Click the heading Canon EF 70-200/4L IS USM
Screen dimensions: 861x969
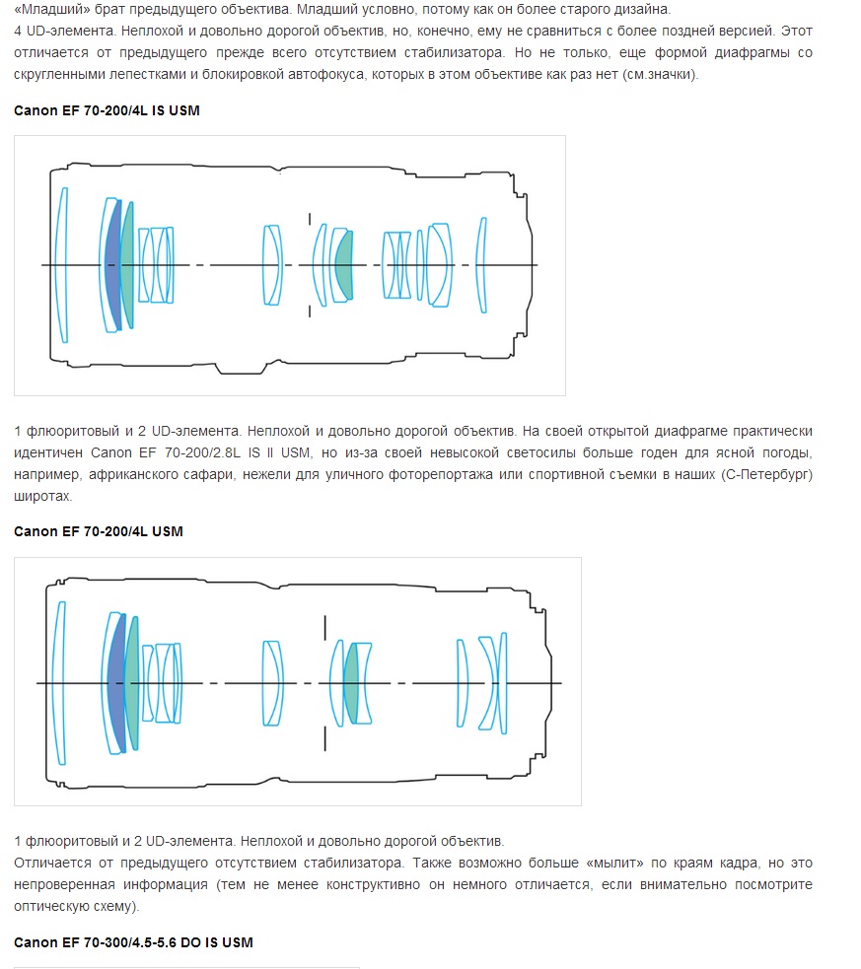(x=107, y=110)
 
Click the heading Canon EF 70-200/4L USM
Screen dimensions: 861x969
(x=99, y=531)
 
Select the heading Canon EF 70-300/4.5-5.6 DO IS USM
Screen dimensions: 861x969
(x=133, y=942)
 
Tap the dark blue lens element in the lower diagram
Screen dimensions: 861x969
(x=116, y=683)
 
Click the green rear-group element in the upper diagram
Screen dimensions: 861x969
(x=344, y=264)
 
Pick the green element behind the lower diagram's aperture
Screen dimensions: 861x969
(x=351, y=683)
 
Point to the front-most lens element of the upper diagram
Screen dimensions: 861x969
(x=61, y=265)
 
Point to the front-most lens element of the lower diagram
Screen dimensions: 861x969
(x=59, y=683)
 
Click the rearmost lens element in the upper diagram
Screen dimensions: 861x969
(x=481, y=265)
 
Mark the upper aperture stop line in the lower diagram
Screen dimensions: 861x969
(x=325, y=627)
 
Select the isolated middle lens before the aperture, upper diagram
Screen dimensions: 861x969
(x=272, y=265)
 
